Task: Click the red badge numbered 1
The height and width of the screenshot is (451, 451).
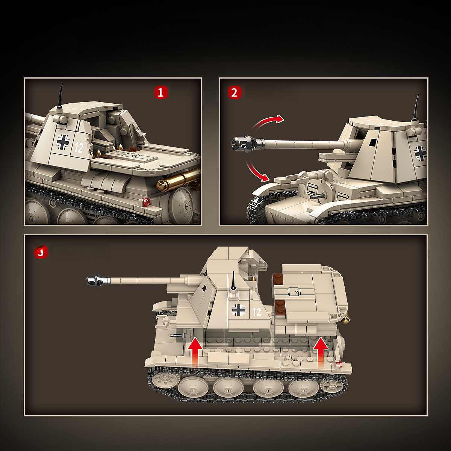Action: coord(160,92)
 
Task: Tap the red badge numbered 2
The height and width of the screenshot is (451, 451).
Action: coord(234,92)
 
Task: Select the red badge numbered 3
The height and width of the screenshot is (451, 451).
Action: coord(41,252)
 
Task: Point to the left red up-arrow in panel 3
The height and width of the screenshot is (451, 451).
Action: coord(195,351)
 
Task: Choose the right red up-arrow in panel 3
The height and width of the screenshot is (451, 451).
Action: coord(321,351)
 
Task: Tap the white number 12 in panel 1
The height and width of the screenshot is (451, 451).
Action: coord(79,147)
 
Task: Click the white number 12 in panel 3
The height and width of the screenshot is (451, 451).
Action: coord(257,312)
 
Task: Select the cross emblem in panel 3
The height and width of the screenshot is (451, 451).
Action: coord(238,310)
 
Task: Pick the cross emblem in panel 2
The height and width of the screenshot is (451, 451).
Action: coord(420,153)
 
